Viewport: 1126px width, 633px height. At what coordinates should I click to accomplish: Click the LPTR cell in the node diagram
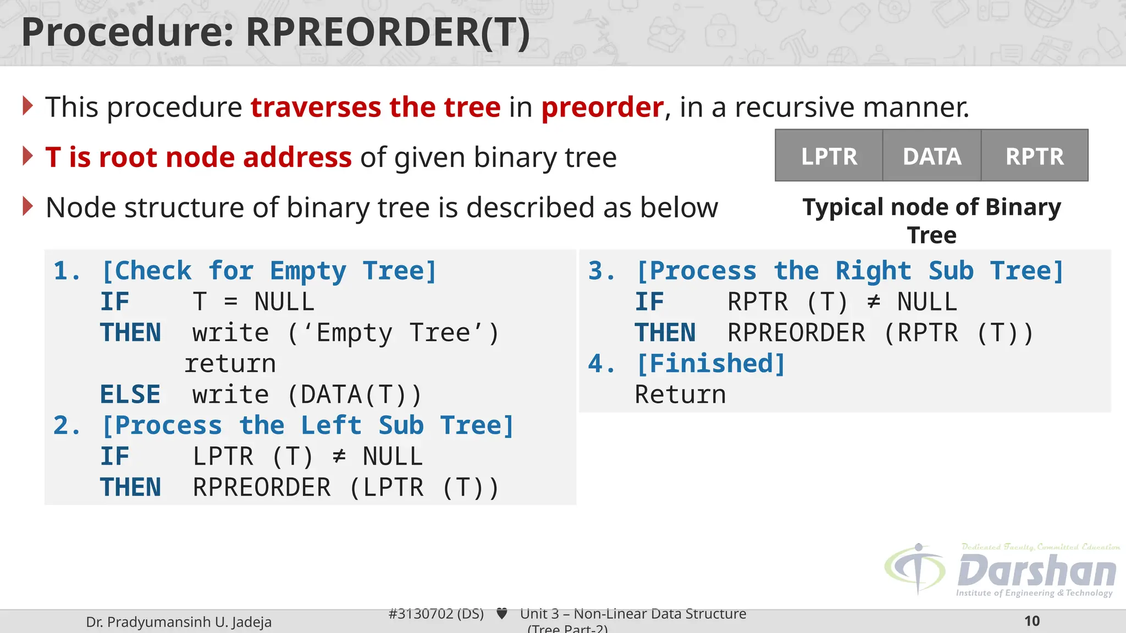[829, 156]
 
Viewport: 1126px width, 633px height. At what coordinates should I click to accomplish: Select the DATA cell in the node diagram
[932, 156]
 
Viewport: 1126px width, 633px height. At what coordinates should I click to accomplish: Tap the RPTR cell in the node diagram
[1034, 156]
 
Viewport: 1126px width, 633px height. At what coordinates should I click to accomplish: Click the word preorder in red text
[602, 107]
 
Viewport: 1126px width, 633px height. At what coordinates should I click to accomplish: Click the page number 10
[1031, 621]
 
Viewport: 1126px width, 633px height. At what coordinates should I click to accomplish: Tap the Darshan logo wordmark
[1036, 571]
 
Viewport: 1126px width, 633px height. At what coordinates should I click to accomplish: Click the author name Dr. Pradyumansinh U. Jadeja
[179, 622]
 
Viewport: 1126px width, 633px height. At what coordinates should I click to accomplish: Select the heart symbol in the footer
[501, 613]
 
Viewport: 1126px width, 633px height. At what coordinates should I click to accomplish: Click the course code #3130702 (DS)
[436, 614]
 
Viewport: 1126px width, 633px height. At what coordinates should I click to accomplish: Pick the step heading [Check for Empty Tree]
[269, 271]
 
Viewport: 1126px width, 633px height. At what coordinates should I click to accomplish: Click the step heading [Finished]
[711, 364]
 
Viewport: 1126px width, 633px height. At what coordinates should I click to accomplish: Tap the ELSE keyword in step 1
[130, 395]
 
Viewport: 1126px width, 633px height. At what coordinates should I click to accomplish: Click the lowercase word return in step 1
[230, 364]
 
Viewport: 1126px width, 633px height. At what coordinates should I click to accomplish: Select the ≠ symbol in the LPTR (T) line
[339, 456]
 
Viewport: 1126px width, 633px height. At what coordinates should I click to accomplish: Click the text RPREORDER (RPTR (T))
[880, 333]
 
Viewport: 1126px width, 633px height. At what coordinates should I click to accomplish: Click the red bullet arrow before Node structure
[28, 207]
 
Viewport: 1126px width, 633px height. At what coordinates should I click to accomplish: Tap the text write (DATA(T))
[307, 395]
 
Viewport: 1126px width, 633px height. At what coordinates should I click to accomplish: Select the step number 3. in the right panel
[601, 271]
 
